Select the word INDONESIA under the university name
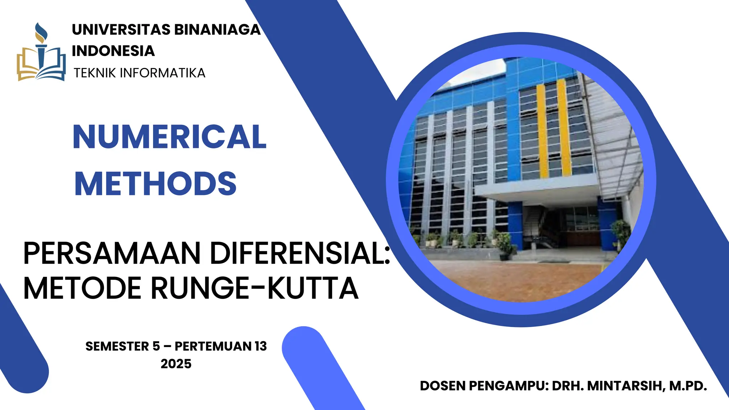tap(113, 51)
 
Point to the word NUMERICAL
tap(169, 137)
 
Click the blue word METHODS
tap(155, 184)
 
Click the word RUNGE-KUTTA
tap(255, 288)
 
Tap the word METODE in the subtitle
tap(82, 288)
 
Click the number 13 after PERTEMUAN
tap(261, 346)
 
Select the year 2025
tap(176, 364)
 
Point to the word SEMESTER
tap(117, 346)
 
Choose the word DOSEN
tap(442, 386)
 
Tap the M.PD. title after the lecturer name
tap(688, 386)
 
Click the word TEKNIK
tap(95, 73)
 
